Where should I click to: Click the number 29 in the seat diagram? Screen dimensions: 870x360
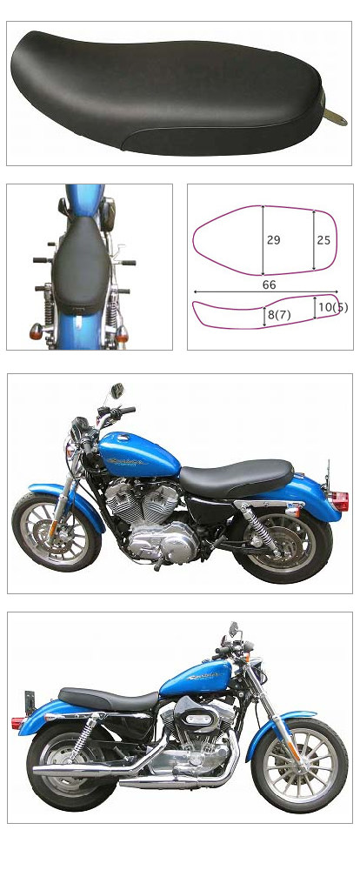(x=273, y=240)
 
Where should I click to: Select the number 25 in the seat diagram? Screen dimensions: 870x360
(x=323, y=240)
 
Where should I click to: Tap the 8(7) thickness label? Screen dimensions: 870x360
(x=280, y=315)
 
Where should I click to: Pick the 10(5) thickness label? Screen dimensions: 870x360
(x=332, y=306)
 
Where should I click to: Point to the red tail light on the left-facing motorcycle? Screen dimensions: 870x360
(x=342, y=502)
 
